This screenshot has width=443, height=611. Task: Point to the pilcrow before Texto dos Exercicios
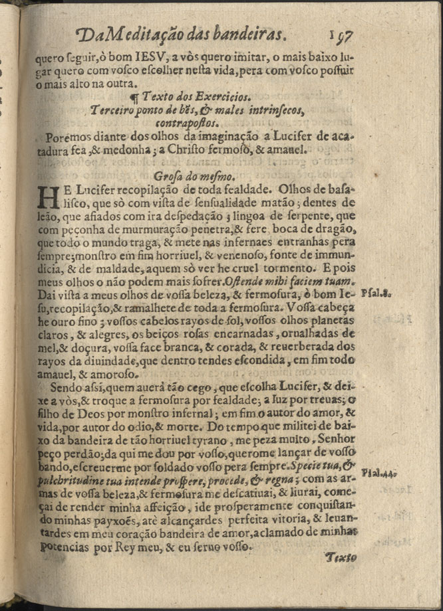[x=134, y=98]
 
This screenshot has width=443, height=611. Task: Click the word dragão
[x=337, y=228]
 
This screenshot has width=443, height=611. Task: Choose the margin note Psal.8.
[x=377, y=292]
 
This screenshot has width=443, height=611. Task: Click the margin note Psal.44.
[x=378, y=473]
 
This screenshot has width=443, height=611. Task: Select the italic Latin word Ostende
[x=242, y=280]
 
